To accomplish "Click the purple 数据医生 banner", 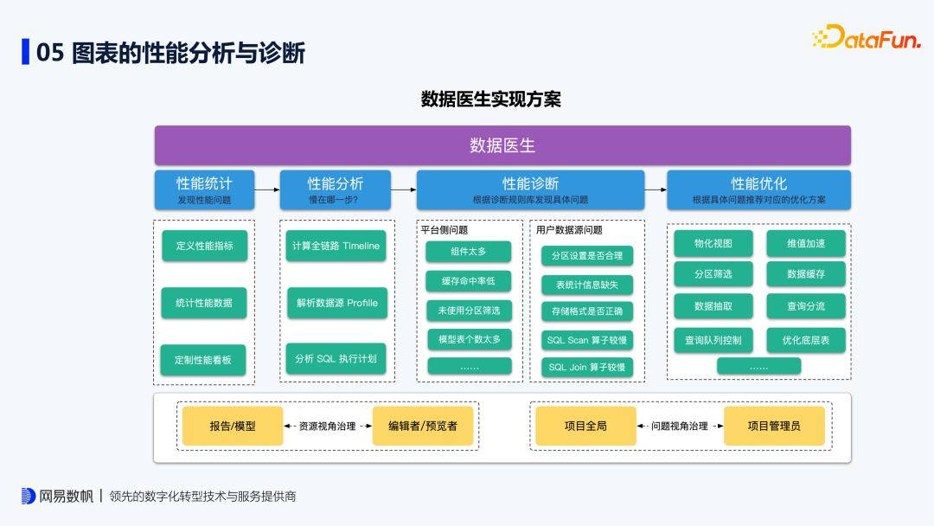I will [x=502, y=145].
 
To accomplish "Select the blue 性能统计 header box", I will [x=204, y=189].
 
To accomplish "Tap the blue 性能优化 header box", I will [x=758, y=189].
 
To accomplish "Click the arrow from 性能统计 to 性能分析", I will [x=267, y=187].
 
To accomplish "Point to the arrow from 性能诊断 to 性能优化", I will [x=656, y=187].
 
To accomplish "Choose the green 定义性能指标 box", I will [x=204, y=246].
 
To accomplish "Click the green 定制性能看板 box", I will [x=203, y=360].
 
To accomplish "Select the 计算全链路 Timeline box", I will [x=336, y=246].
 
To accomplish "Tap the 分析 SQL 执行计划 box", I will [x=336, y=358].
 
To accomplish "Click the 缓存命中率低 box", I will [x=469, y=281].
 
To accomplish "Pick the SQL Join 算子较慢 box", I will [x=587, y=367].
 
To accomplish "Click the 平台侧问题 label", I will [x=444, y=230].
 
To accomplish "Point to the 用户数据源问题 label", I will [x=569, y=230].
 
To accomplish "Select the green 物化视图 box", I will [x=713, y=244].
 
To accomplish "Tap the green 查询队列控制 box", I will [x=713, y=340].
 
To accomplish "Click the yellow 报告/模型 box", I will [x=233, y=426].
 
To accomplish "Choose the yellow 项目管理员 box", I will [x=774, y=426].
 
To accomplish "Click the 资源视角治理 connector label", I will [x=327, y=427].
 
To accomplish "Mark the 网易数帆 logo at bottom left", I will [x=56, y=497].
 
